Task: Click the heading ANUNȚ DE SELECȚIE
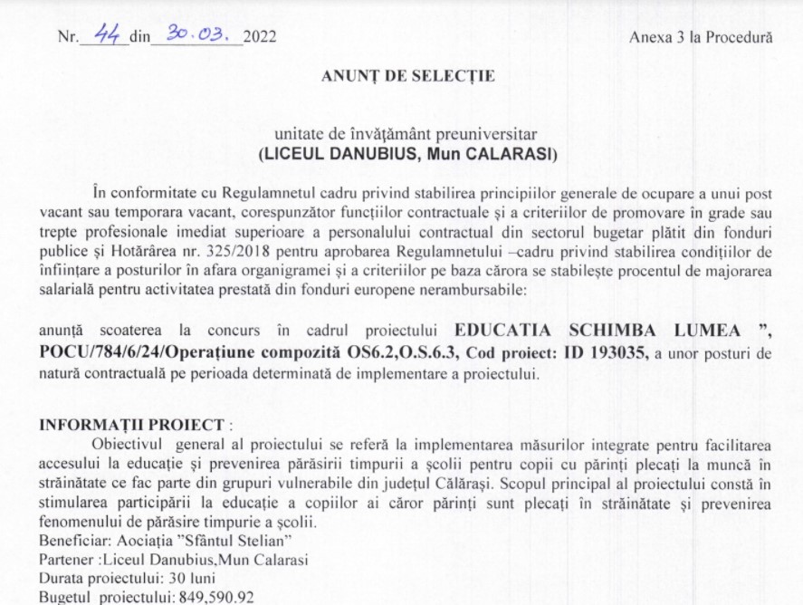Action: coord(407,76)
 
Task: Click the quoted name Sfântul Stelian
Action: coord(240,541)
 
